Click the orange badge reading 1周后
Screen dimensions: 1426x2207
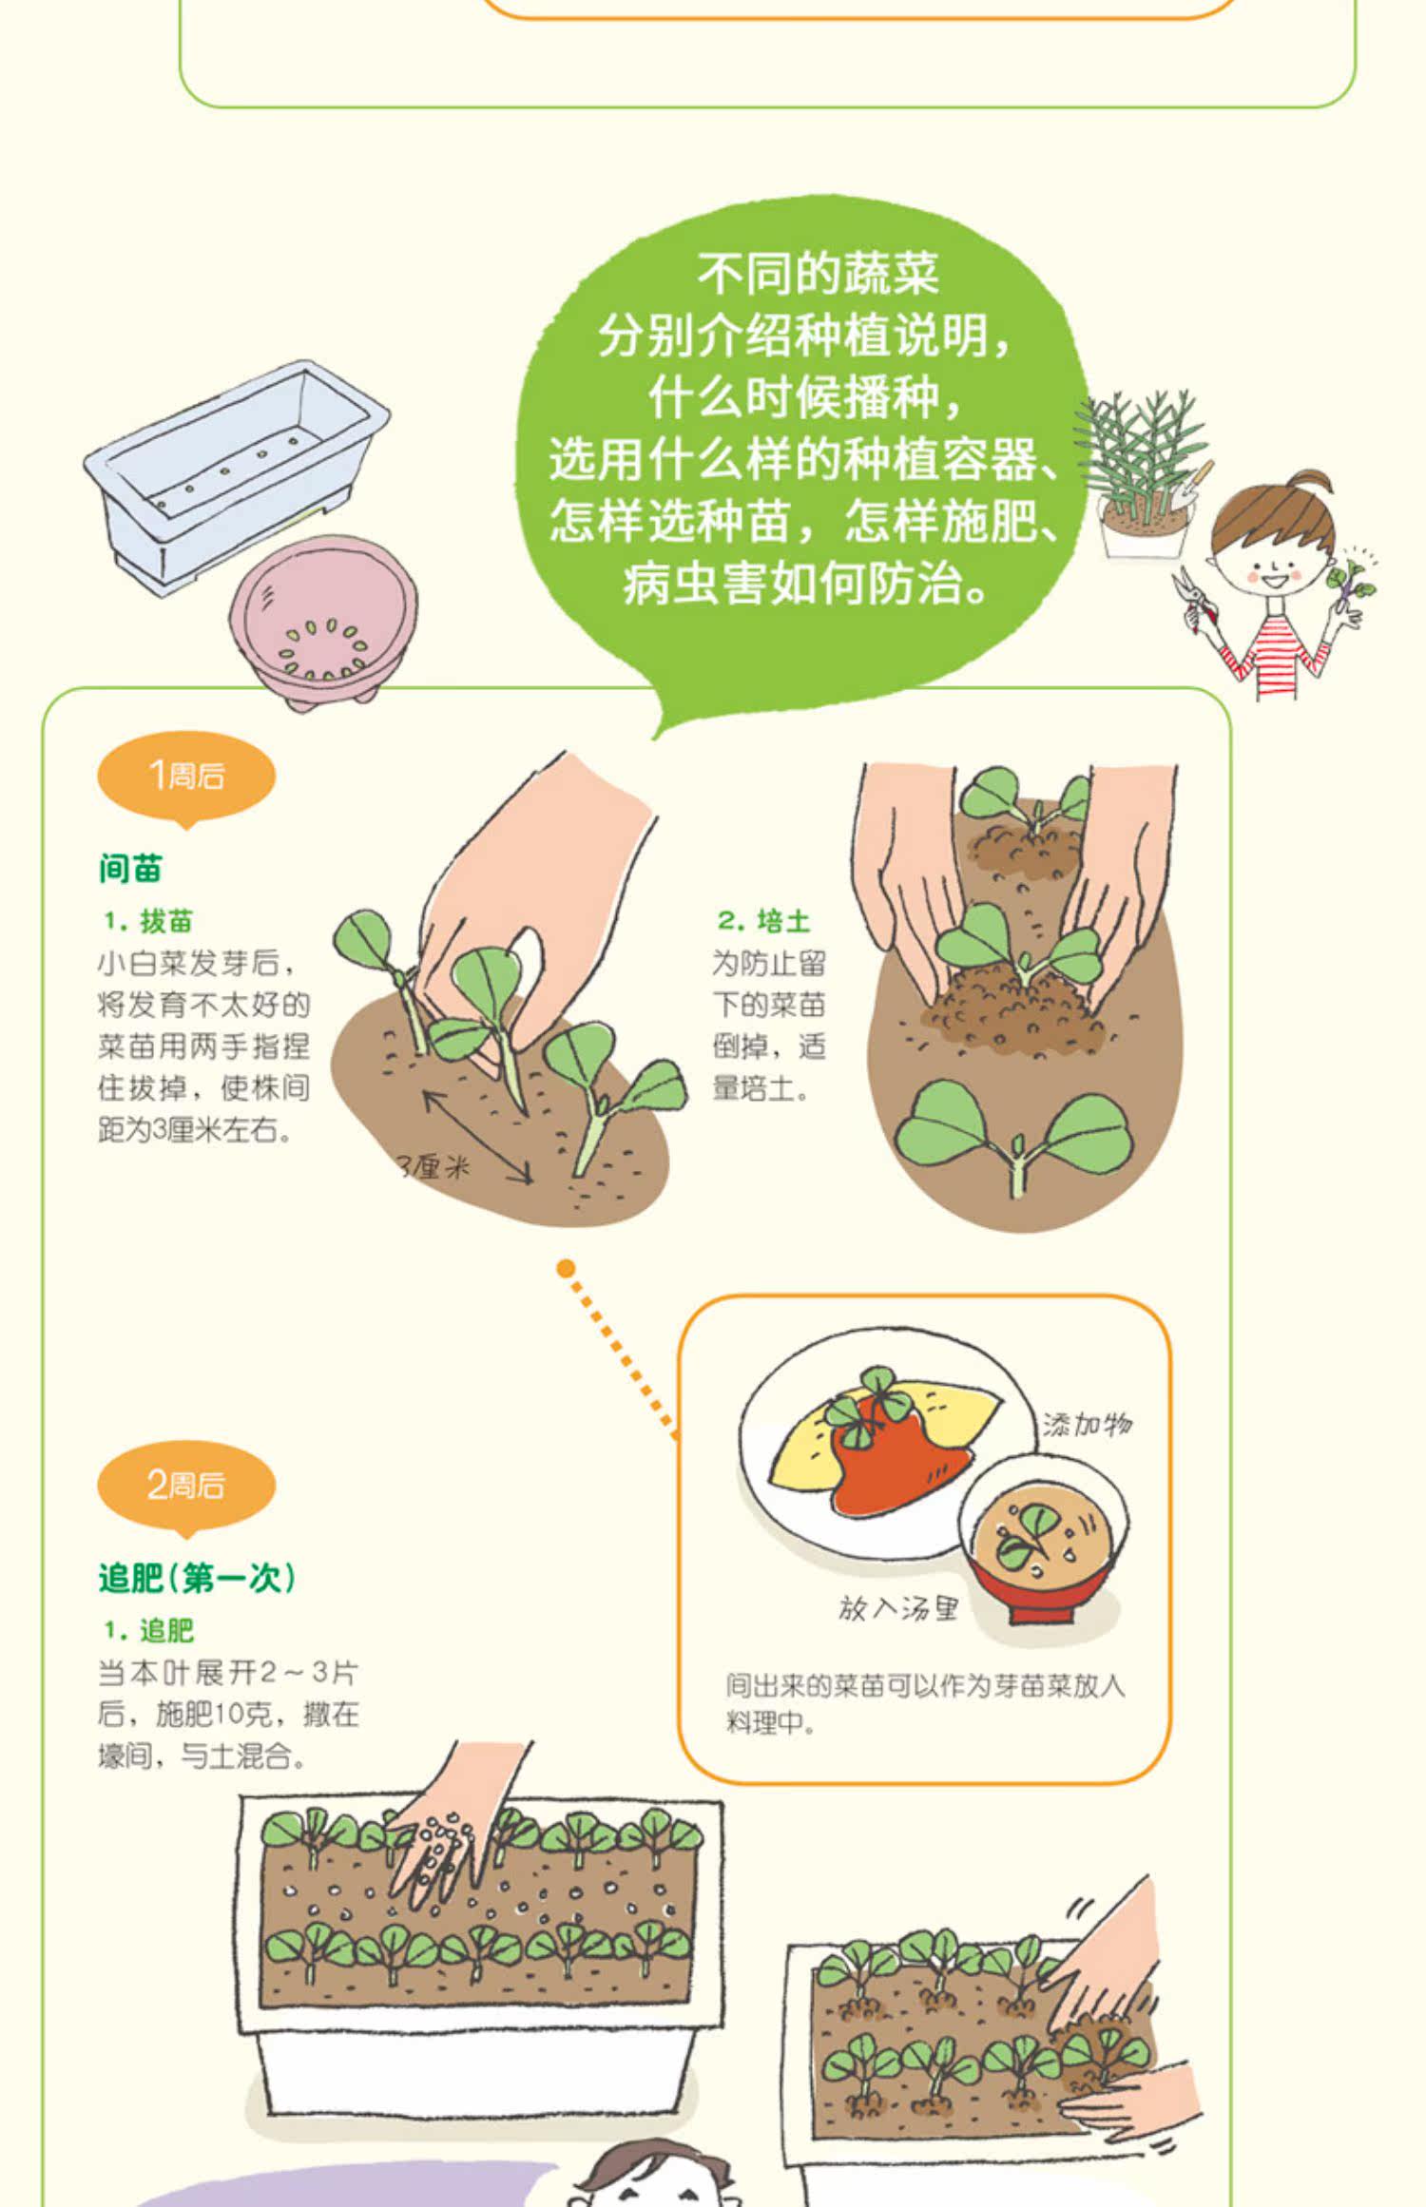pyautogui.click(x=186, y=777)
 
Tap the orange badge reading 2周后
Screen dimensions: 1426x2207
pyautogui.click(x=186, y=1486)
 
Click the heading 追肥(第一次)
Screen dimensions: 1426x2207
pyautogui.click(x=198, y=1579)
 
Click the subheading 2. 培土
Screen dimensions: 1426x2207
pyautogui.click(x=763, y=921)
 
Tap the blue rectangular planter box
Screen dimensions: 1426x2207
pyautogui.click(x=236, y=475)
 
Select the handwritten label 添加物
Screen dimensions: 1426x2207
pyautogui.click(x=1088, y=1424)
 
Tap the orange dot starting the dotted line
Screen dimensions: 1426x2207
pyautogui.click(x=567, y=1268)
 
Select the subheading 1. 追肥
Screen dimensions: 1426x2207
pyautogui.click(x=148, y=1631)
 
